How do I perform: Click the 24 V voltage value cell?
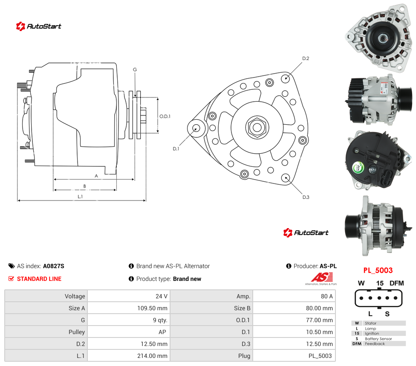[161, 296]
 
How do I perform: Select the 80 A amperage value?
[326, 296]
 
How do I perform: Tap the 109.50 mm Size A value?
[152, 308]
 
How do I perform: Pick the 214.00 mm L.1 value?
[152, 356]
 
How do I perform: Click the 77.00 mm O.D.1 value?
[319, 320]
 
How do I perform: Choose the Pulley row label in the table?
[77, 332]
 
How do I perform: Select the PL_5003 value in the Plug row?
[320, 356]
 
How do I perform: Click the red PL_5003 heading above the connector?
[378, 270]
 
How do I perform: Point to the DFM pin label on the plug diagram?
[397, 283]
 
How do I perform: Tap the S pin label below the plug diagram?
[387, 314]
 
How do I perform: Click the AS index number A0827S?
[54, 266]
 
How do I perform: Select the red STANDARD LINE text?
[39, 279]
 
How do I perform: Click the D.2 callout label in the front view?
[306, 58]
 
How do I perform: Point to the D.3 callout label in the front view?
[306, 197]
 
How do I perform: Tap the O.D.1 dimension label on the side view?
[165, 116]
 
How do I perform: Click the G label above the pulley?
[135, 69]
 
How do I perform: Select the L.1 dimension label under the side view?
[80, 196]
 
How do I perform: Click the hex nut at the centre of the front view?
[257, 127]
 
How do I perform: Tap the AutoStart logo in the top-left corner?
[38, 26]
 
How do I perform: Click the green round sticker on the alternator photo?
[358, 167]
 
